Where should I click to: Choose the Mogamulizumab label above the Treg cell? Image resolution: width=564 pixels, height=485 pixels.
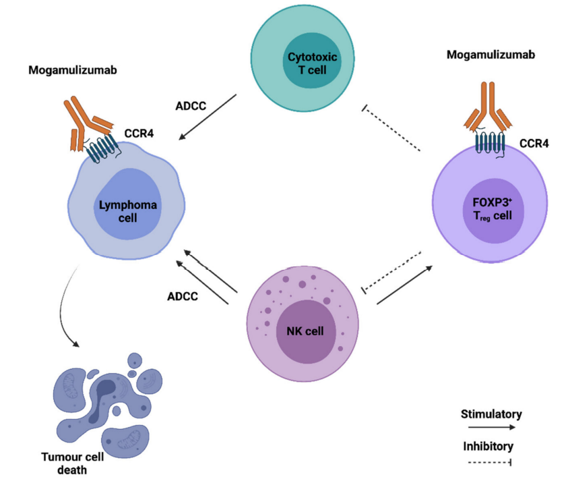[491, 55]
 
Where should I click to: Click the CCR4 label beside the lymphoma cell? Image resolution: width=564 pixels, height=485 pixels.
[139, 133]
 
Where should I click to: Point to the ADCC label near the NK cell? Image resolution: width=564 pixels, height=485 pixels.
[181, 295]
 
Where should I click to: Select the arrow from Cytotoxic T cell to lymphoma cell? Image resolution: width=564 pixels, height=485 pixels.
[208, 117]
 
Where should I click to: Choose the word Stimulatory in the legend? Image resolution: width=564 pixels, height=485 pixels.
[491, 413]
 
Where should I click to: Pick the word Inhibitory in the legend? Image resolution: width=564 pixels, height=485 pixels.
[489, 446]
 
